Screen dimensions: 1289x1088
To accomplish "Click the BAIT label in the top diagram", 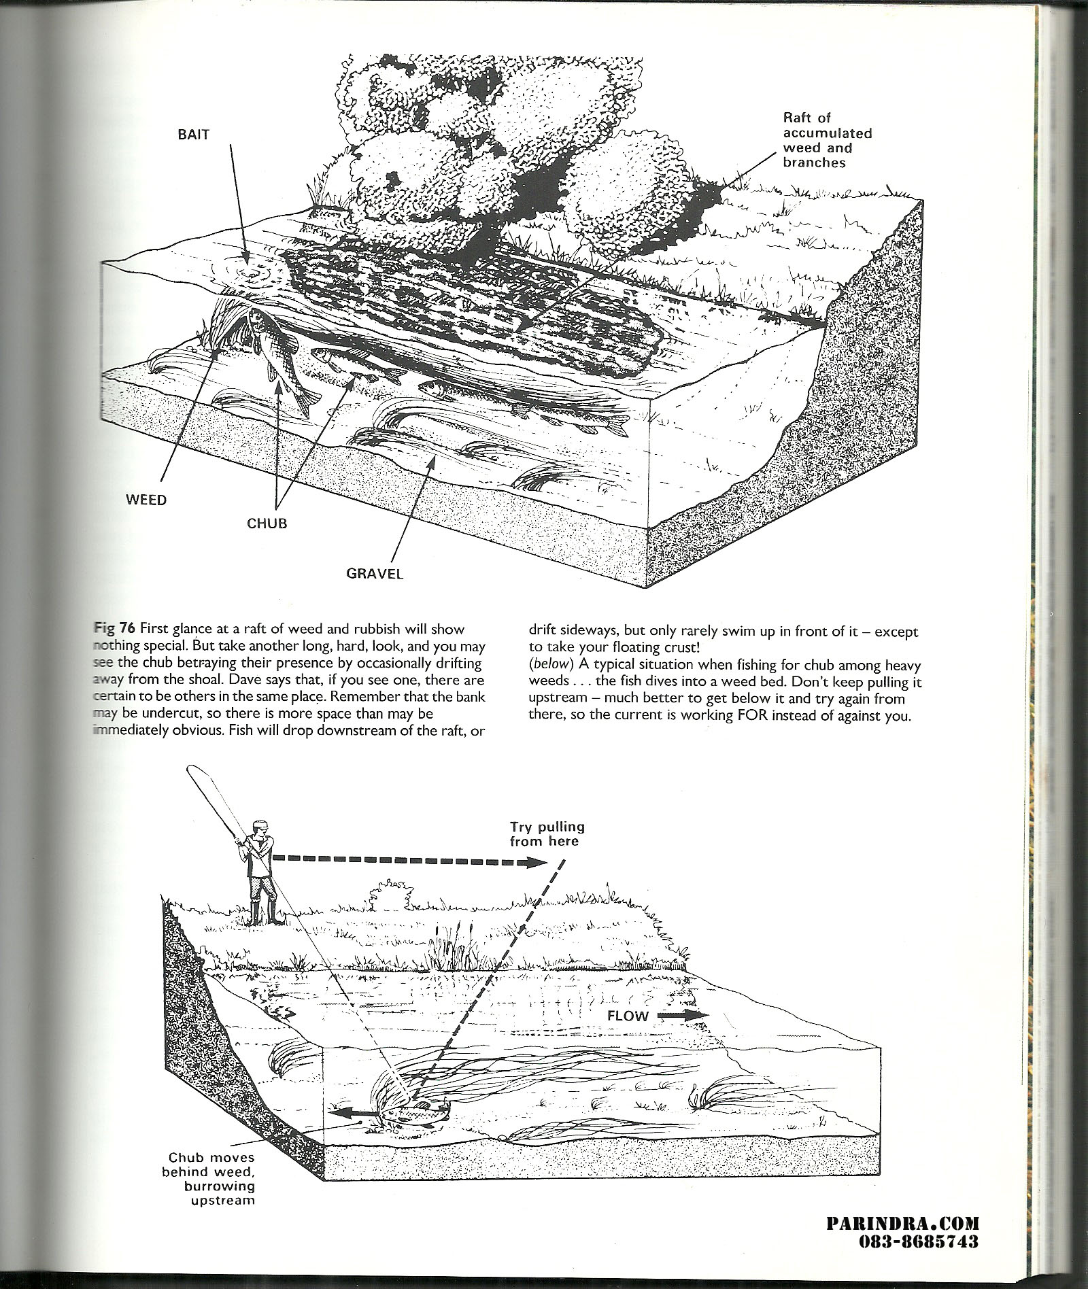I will click(190, 134).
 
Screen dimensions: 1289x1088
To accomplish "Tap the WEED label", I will click(146, 500).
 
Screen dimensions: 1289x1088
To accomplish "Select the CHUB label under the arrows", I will click(267, 523).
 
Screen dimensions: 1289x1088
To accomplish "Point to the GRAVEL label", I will click(375, 573).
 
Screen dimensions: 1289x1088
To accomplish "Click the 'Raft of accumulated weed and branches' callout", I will click(827, 140).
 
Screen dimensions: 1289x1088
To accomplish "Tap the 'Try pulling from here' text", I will click(547, 834).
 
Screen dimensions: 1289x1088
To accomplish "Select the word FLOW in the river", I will click(628, 1035).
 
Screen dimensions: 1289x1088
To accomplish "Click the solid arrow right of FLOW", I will click(683, 1034).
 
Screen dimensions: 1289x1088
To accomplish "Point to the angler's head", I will click(259, 830).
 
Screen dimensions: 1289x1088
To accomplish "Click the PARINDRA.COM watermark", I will click(902, 1224).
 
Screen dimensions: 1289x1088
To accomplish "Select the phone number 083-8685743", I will click(918, 1241).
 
